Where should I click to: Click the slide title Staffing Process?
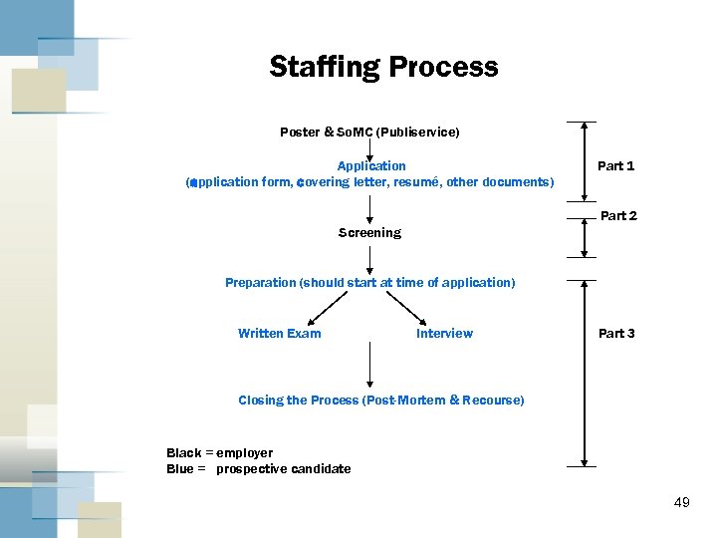(x=383, y=67)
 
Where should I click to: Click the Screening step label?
(x=369, y=233)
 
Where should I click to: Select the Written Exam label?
(x=280, y=334)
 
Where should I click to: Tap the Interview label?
(x=444, y=334)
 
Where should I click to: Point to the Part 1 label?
(x=615, y=166)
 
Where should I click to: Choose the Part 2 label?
(x=618, y=216)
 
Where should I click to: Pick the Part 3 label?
(x=616, y=334)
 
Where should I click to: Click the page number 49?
(x=681, y=502)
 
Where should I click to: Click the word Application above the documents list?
(x=371, y=166)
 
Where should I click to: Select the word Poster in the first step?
(x=300, y=133)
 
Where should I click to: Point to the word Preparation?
(x=261, y=283)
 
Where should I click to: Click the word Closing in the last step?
(x=260, y=401)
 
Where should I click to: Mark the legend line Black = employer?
(x=219, y=453)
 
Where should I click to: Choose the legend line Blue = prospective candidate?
(x=258, y=469)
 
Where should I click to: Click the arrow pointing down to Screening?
(x=370, y=207)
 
